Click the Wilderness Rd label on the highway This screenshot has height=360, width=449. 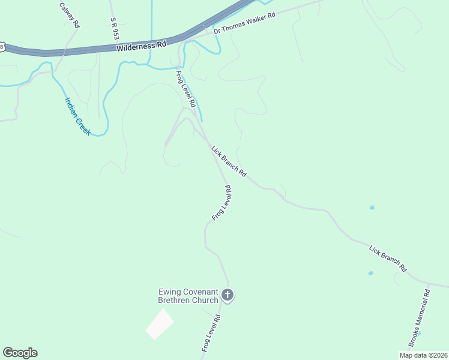[x=141, y=45]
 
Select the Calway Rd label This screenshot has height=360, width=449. [x=70, y=15]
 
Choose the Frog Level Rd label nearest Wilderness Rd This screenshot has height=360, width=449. [x=185, y=88]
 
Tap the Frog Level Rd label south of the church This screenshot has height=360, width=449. [x=211, y=332]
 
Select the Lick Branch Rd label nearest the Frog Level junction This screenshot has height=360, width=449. [x=228, y=161]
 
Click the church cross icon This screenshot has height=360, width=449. [x=227, y=295]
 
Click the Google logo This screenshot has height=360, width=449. [x=20, y=353]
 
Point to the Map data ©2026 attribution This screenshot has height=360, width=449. [x=423, y=355]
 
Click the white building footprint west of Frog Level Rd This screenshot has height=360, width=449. [x=160, y=323]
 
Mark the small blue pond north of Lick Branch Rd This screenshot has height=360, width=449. [x=372, y=208]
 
